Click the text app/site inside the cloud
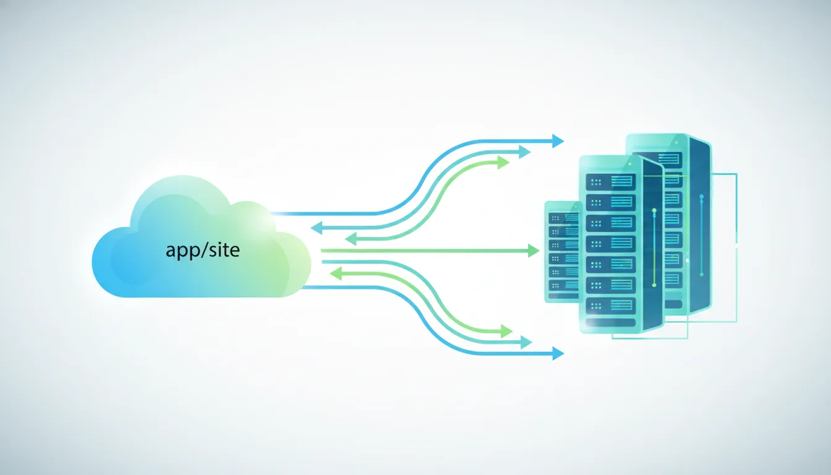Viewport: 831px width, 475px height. [202, 250]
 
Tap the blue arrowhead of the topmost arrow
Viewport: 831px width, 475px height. [558, 141]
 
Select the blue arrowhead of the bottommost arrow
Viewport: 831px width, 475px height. [558, 354]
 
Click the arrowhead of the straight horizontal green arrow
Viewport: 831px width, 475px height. [534, 250]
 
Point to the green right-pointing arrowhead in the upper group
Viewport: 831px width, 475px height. [503, 162]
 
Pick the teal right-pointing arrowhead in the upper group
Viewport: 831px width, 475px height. [525, 152]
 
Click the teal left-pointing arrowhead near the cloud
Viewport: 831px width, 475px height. [316, 228]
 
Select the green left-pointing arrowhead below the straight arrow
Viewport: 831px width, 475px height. [336, 273]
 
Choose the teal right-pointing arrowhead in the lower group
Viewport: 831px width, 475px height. [526, 342]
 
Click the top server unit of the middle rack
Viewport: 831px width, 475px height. [610, 181]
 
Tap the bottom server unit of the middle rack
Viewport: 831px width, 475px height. [610, 305]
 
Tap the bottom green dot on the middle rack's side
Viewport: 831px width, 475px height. [654, 285]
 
